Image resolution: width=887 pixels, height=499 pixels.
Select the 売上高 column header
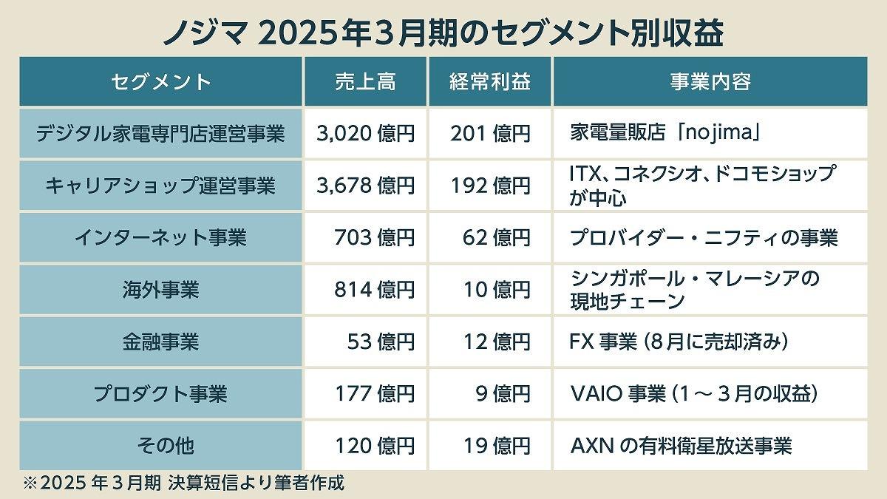coord(365,81)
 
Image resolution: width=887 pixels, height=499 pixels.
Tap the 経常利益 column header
coord(490,81)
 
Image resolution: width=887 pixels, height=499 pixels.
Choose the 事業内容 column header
coord(710,81)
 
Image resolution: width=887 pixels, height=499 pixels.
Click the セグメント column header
coord(160,81)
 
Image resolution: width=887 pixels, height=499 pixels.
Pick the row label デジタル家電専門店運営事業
coord(160,134)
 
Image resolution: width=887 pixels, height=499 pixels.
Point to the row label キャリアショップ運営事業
coord(160,186)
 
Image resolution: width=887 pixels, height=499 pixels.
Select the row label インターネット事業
coord(160,237)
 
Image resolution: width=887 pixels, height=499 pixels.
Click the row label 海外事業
coord(160,289)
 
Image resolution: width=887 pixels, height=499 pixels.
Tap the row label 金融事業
coord(160,342)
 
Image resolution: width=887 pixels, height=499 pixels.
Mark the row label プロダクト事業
coord(160,393)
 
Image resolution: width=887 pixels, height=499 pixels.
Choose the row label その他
coord(160,446)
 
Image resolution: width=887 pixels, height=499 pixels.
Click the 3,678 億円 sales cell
coord(365,186)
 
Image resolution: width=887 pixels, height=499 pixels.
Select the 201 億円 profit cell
coord(490,134)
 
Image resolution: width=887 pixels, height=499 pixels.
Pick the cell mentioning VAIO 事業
coord(693,393)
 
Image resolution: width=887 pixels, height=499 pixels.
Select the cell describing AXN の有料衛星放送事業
coord(681,446)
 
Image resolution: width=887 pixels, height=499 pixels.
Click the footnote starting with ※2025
coord(185,484)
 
